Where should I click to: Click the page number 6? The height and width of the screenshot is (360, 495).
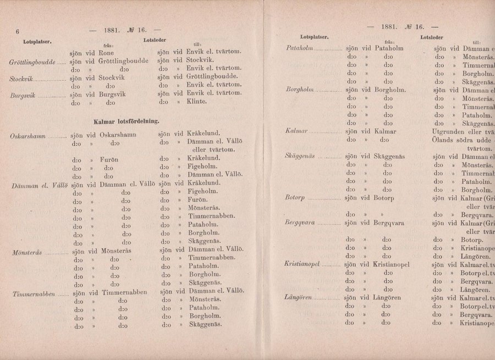pyautogui.click(x=18, y=32)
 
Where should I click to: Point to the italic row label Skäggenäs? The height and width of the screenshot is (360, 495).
pyautogui.click(x=300, y=157)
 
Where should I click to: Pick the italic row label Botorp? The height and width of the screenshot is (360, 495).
pyautogui.click(x=295, y=197)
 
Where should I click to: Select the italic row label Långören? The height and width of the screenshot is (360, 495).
pyautogui.click(x=299, y=297)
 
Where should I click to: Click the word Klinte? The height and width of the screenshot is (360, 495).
pyautogui.click(x=196, y=102)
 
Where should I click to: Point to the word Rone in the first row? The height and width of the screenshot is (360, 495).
pyautogui.click(x=106, y=52)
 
